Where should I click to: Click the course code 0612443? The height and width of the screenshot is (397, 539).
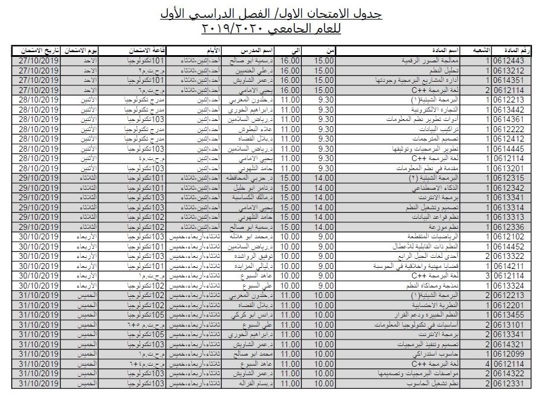click(x=509, y=60)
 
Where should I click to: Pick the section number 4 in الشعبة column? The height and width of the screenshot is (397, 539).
click(x=487, y=363)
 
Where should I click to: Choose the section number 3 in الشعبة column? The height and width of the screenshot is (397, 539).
click(x=487, y=276)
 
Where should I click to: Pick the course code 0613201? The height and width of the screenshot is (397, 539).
click(x=509, y=168)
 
